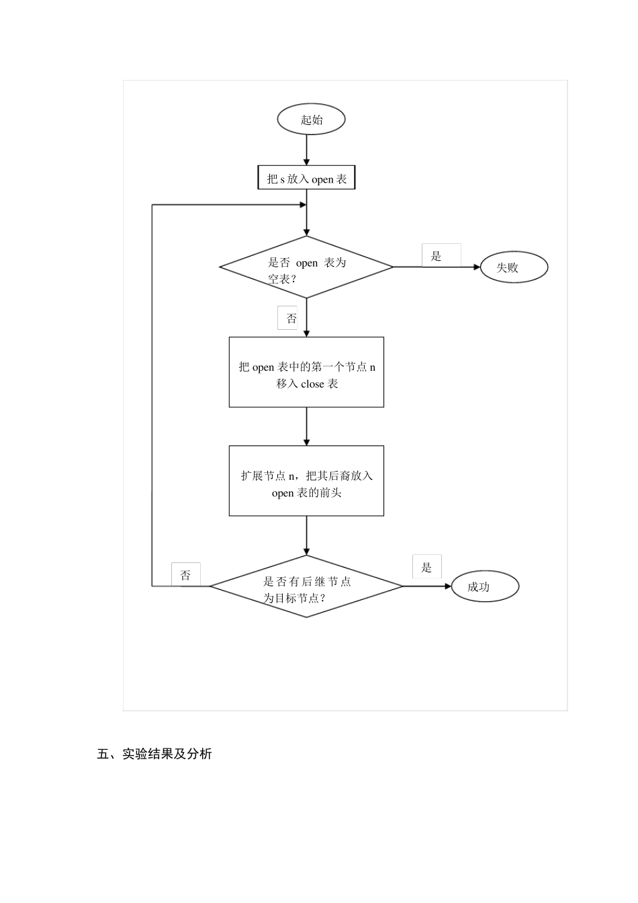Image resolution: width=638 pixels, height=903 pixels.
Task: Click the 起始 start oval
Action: [x=311, y=120]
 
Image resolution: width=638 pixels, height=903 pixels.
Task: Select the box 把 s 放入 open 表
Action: [x=306, y=179]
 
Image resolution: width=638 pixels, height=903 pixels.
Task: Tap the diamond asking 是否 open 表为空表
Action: [x=306, y=267]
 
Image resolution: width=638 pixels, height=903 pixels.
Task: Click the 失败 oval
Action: [x=514, y=267]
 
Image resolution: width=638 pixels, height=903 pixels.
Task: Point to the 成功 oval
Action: [x=485, y=587]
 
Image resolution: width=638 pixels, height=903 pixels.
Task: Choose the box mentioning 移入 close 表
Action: [x=306, y=372]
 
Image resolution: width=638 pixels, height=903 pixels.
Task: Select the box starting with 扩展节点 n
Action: [x=306, y=481]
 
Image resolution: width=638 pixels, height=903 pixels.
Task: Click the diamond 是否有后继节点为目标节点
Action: [x=306, y=587]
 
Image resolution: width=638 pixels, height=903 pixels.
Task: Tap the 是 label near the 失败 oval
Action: [x=437, y=256]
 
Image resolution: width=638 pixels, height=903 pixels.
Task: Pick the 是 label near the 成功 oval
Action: [x=426, y=568]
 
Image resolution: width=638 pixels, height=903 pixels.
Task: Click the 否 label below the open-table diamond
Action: [x=291, y=318]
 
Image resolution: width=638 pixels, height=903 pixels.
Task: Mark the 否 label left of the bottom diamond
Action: [x=185, y=576]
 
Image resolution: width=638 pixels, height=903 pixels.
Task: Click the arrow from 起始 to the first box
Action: [x=306, y=150]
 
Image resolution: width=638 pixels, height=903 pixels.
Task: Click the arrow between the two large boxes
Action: [x=306, y=426]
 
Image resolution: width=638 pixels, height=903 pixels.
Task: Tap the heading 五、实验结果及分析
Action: [x=154, y=754]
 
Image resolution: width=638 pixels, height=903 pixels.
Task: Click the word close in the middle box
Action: [x=312, y=384]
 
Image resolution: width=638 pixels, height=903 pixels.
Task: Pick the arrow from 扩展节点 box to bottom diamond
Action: [x=306, y=535]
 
